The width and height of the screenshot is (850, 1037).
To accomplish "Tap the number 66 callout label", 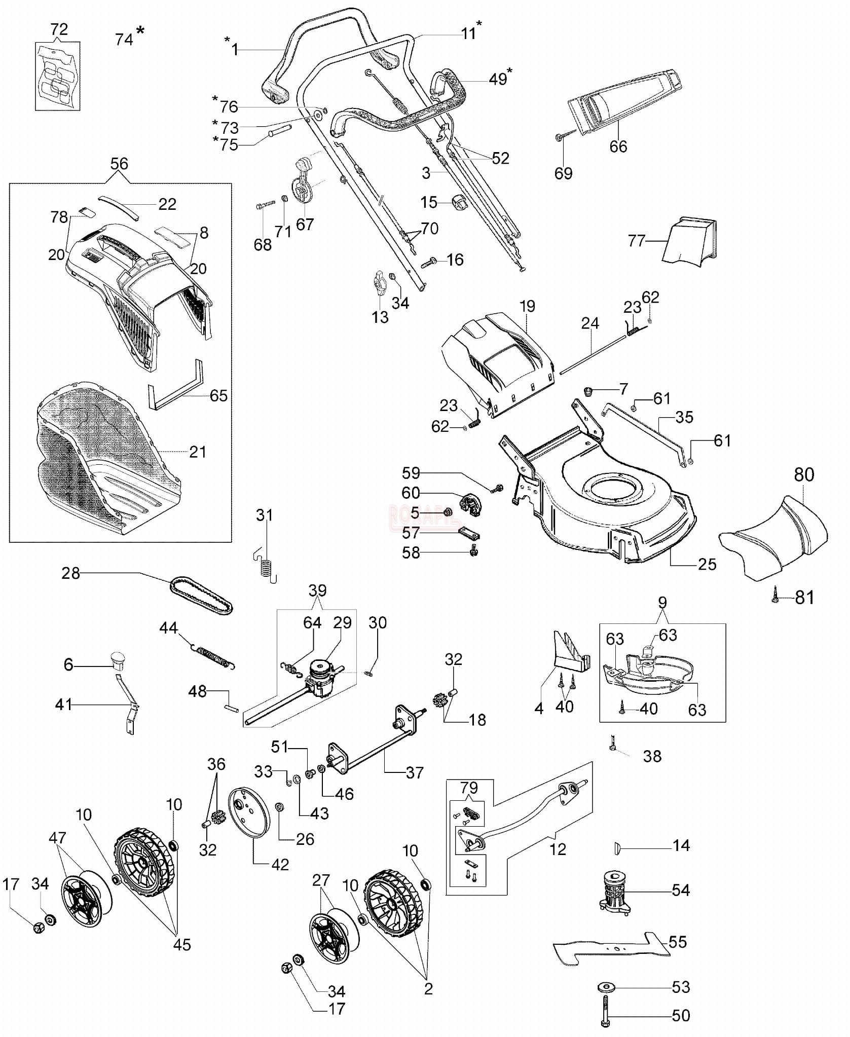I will (618, 146).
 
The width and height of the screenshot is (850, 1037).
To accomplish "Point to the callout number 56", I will (119, 164).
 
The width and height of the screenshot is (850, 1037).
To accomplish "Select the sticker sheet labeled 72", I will (57, 76).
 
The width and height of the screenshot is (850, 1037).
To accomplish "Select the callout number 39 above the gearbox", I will (317, 590).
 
